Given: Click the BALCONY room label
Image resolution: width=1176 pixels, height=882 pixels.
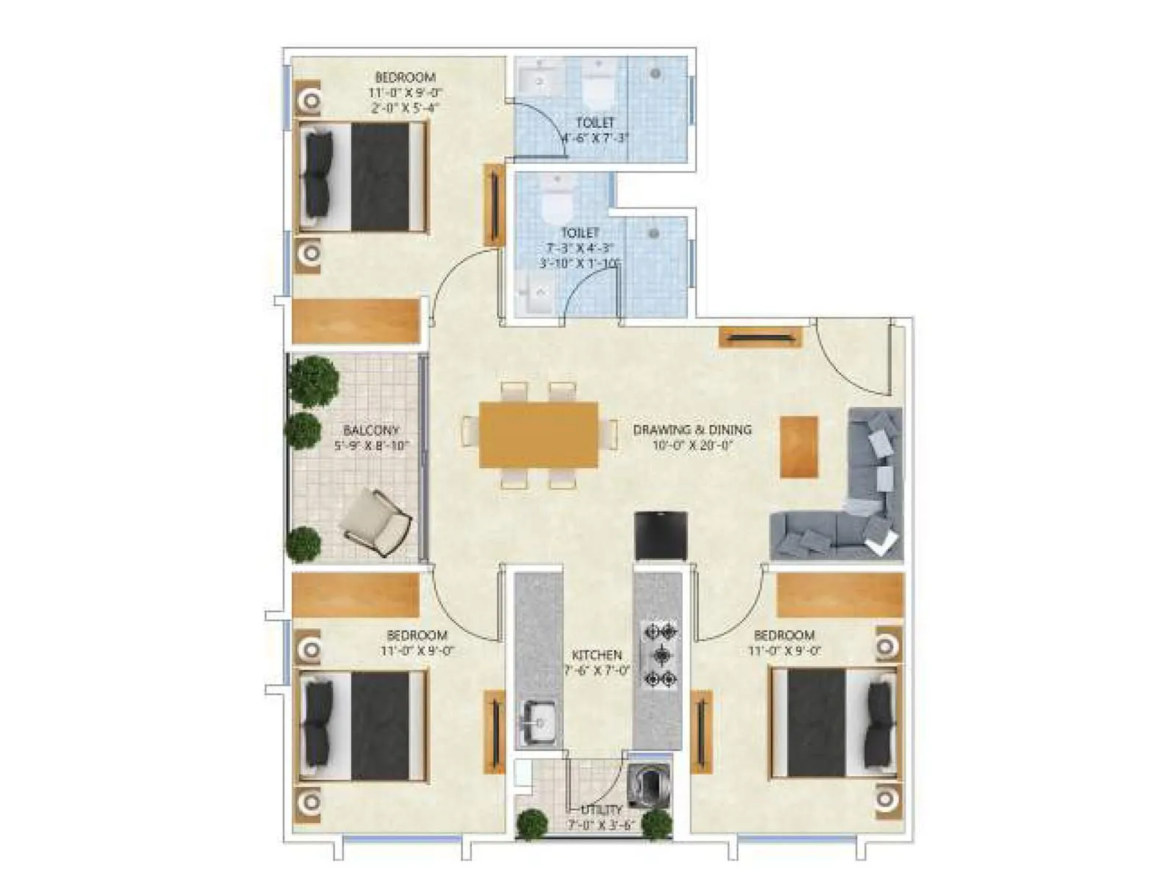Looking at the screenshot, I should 371,431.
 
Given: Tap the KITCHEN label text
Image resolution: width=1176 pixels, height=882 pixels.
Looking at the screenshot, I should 597,655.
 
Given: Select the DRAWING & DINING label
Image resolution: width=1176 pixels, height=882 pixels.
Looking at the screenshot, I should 692,429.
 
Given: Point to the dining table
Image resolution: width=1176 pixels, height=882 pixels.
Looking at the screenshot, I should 538,434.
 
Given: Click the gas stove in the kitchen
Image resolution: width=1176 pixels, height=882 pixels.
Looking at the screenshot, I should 660,655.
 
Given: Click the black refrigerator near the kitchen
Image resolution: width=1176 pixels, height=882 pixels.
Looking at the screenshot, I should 660,536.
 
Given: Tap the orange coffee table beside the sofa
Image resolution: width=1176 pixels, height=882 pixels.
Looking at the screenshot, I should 799,447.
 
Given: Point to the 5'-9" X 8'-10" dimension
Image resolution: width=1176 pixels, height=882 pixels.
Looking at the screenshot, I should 371,446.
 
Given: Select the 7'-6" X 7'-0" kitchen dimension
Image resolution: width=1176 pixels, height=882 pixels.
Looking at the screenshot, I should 597,670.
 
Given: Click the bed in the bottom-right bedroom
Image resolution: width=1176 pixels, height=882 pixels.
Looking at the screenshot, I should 834,723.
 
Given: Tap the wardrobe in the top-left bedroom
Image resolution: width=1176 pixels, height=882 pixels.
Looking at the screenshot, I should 356,321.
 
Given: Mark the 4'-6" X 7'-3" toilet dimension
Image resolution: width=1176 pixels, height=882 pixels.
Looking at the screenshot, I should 595,137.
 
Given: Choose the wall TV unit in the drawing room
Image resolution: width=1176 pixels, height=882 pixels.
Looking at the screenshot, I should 760,337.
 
